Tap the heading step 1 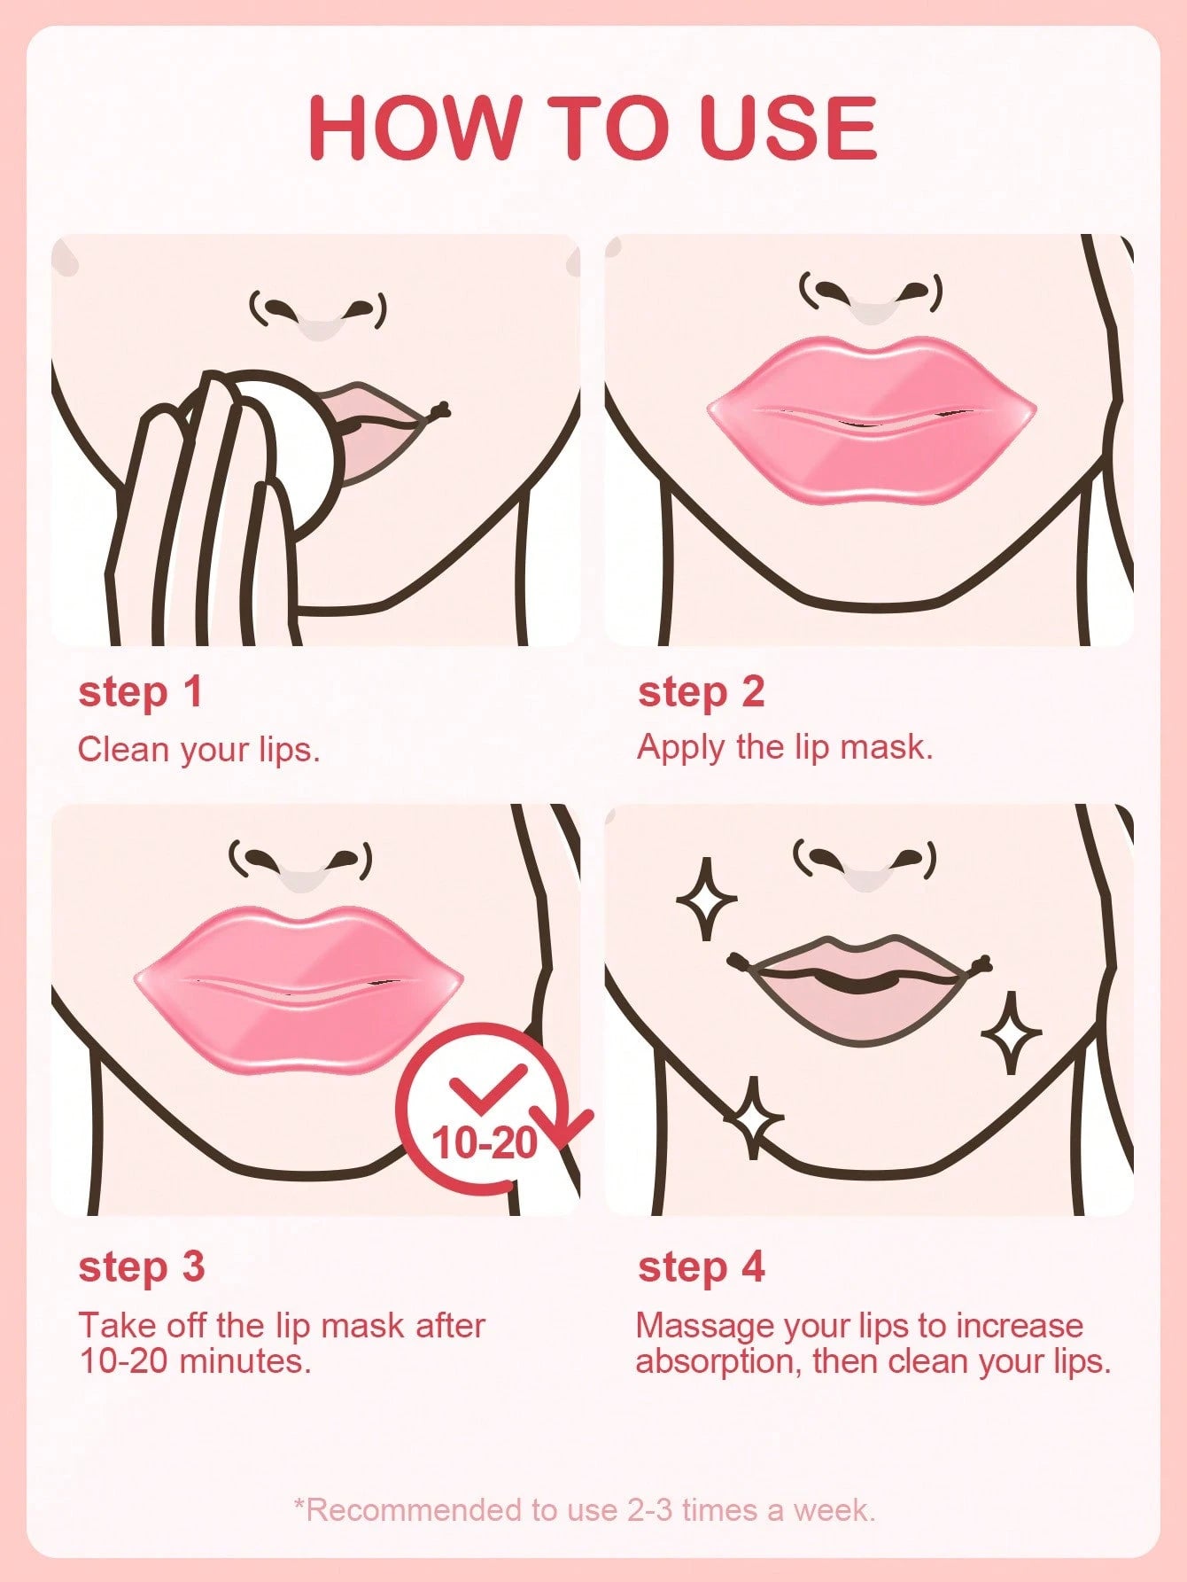141,692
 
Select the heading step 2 701,692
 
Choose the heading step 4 701,1266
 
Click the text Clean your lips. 198,750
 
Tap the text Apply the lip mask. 785,747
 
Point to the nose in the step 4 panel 865,869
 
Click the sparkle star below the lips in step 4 754,1118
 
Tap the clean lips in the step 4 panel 859,988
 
